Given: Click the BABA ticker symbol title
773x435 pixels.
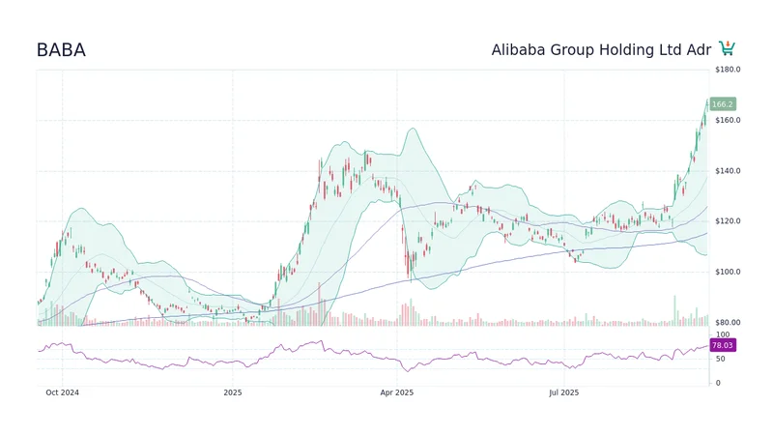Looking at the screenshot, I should tap(61, 50).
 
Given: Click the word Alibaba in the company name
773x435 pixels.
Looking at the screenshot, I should tap(523, 50).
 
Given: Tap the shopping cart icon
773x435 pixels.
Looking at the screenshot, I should tap(728, 48).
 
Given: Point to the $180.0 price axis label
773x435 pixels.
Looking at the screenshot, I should tap(728, 71).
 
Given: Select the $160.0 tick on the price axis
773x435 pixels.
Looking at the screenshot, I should tap(728, 121).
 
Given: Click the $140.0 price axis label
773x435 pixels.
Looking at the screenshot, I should tap(728, 171).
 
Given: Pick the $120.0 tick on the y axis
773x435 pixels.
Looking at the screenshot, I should tap(728, 221).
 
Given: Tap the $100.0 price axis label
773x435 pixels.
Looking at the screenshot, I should tap(728, 272).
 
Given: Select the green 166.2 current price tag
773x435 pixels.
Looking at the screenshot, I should tap(722, 104).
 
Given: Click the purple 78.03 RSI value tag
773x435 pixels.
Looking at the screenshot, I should tap(722, 345).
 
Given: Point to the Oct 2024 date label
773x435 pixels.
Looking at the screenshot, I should tap(63, 392).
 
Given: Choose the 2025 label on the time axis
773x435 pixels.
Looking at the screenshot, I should tap(232, 392).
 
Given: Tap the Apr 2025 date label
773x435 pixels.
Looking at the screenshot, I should tap(396, 392).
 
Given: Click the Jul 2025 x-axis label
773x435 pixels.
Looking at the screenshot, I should tap(563, 392).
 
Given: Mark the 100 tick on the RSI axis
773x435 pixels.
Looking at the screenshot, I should tap(722, 334).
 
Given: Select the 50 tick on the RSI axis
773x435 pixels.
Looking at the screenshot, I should tap(720, 359).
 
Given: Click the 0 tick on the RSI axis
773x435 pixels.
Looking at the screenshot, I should tap(717, 383).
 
